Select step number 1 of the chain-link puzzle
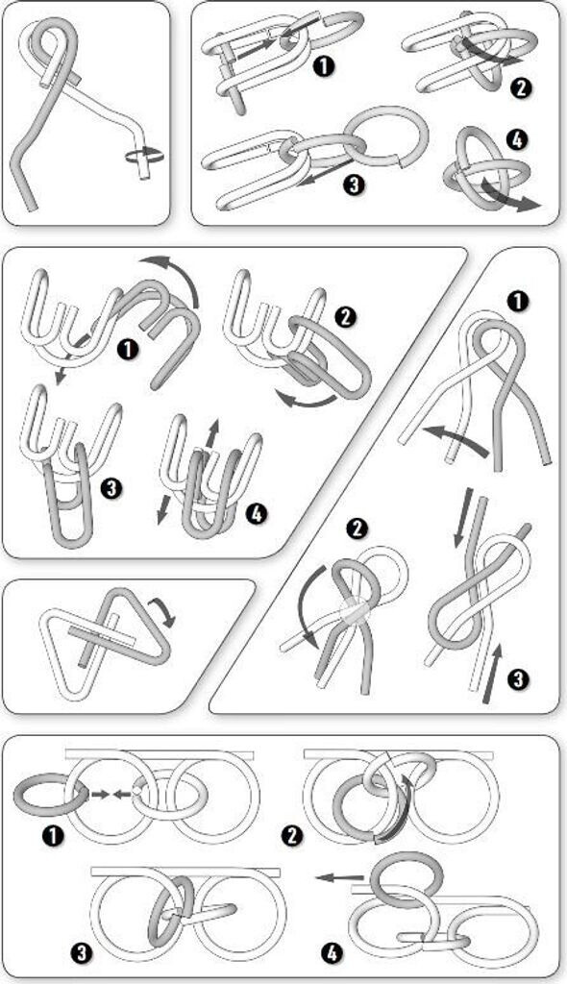pyautogui.click(x=323, y=66)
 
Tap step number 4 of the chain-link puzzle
pyautogui.click(x=516, y=141)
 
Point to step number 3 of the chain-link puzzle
pyautogui.click(x=355, y=185)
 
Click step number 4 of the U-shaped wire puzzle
pyautogui.click(x=257, y=514)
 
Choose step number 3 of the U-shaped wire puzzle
pyautogui.click(x=111, y=487)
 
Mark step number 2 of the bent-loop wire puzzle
pyautogui.click(x=357, y=529)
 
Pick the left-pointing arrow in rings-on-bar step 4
pyautogui.click(x=339, y=877)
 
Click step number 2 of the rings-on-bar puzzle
pyautogui.click(x=293, y=837)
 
